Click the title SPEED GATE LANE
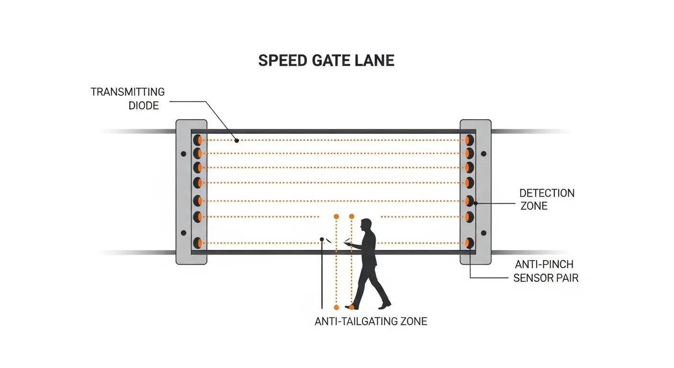(x=326, y=61)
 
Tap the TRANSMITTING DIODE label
(x=127, y=98)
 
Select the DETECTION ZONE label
(x=547, y=199)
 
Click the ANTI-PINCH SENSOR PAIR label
(x=546, y=271)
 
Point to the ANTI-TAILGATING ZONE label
(x=371, y=322)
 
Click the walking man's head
(x=366, y=224)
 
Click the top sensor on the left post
(x=197, y=140)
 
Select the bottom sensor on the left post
(x=197, y=242)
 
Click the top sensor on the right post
(x=469, y=140)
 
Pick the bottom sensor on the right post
(x=469, y=242)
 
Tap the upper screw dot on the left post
(x=183, y=154)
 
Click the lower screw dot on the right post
(x=483, y=233)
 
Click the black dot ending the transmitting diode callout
(x=236, y=140)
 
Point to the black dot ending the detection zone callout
(x=475, y=203)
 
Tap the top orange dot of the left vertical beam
(x=336, y=217)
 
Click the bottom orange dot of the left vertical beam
(x=336, y=307)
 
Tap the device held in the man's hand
(x=347, y=244)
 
